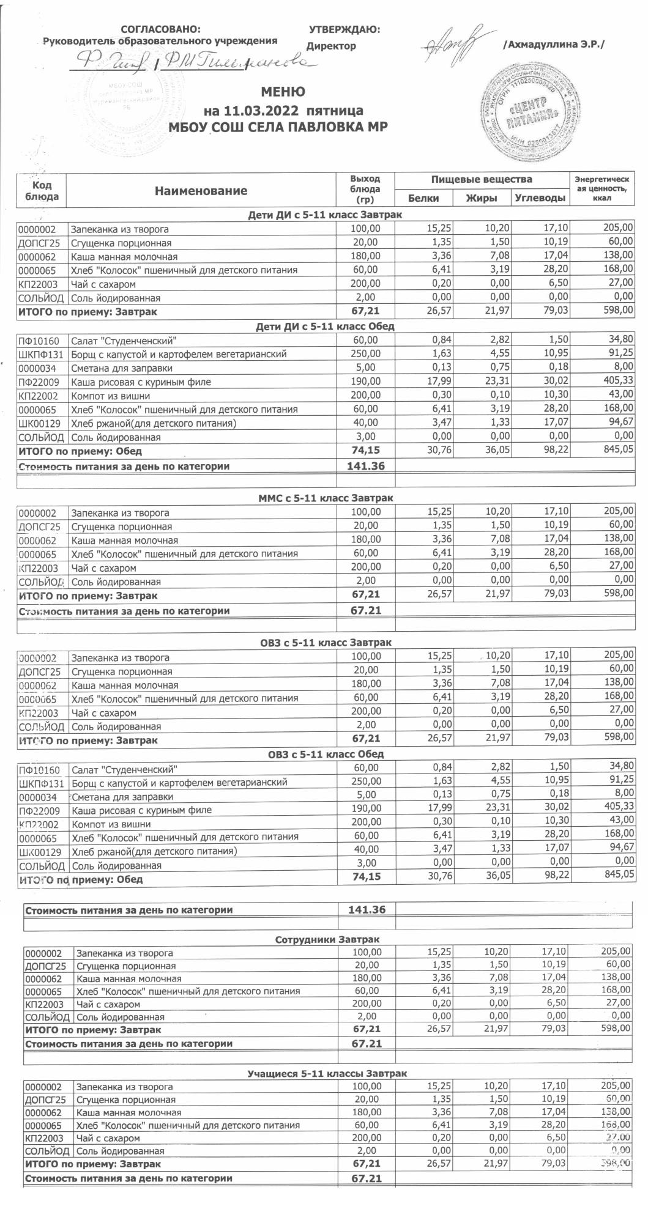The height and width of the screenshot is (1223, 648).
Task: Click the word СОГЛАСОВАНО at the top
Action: point(161,29)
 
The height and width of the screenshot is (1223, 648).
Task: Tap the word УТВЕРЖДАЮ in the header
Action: point(344,29)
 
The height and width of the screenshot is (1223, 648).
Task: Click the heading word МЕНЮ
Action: point(283,92)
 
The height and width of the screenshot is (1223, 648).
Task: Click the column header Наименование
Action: point(201,191)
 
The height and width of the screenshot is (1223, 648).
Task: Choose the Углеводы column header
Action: point(539,198)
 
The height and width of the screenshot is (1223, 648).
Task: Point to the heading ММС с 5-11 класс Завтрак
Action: point(326,498)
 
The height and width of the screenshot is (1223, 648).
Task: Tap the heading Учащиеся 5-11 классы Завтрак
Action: point(327,1073)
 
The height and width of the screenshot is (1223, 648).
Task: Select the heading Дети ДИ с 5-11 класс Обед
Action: point(325,327)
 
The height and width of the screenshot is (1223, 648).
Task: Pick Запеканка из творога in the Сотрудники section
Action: point(124,953)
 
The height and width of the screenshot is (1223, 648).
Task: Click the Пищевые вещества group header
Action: point(482,179)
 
